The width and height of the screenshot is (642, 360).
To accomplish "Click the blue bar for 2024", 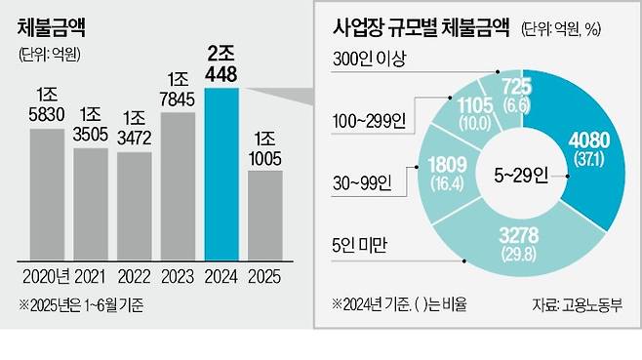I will (x=223, y=172).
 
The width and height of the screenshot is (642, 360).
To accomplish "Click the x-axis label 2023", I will (x=180, y=275).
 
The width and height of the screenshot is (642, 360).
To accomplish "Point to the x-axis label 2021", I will (x=91, y=275).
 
